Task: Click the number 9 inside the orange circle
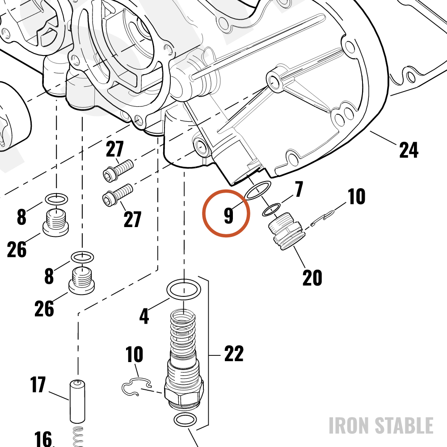[x=228, y=215]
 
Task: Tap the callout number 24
[x=409, y=150]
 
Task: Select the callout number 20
[x=312, y=278]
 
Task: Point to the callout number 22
[x=234, y=354]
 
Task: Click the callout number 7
[x=299, y=189]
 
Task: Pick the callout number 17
[x=38, y=384]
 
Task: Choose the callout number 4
[x=144, y=316]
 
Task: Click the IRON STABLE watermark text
[x=381, y=426]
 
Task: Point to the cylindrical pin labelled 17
[x=77, y=401]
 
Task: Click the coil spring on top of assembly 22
[x=183, y=332]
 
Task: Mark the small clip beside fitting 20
[x=322, y=218]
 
